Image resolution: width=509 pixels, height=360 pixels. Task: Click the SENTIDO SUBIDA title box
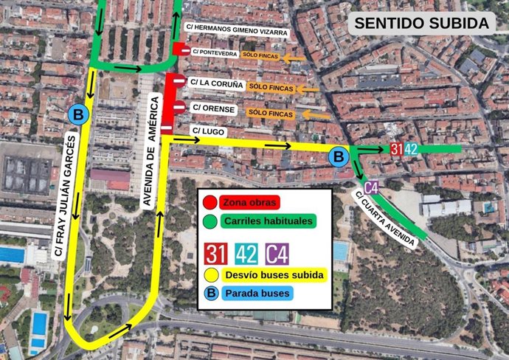tap(421, 23)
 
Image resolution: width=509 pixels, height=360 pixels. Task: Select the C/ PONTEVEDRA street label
tap(215, 53)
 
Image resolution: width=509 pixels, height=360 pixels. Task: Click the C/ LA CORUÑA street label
tap(216, 84)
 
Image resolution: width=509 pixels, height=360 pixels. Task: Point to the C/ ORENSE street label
tap(213, 108)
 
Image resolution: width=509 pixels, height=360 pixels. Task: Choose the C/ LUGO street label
tap(207, 131)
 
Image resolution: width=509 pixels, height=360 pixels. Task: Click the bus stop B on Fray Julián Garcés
tap(77, 114)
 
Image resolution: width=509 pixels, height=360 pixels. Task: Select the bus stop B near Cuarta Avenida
tap(339, 156)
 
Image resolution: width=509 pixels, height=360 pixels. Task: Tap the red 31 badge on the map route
tap(397, 149)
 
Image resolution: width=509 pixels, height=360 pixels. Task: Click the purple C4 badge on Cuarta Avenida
tap(371, 186)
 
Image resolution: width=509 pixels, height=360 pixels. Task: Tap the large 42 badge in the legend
tap(246, 254)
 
